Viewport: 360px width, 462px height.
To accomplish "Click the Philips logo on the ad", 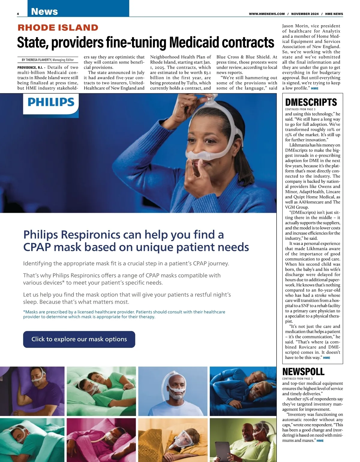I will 51,102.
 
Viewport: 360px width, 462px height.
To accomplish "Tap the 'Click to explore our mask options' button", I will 79,339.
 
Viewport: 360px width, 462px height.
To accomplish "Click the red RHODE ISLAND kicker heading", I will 58,28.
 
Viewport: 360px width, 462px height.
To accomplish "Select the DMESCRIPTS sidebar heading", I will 311,102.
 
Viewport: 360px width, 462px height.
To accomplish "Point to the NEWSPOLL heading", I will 303,372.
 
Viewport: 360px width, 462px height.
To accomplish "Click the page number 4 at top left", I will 18,14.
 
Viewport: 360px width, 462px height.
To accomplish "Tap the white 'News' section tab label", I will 44,11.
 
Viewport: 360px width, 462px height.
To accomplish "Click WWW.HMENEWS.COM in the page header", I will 267,14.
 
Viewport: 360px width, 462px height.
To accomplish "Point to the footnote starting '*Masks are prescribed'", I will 124,314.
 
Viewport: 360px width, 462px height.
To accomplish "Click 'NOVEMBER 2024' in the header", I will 305,14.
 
